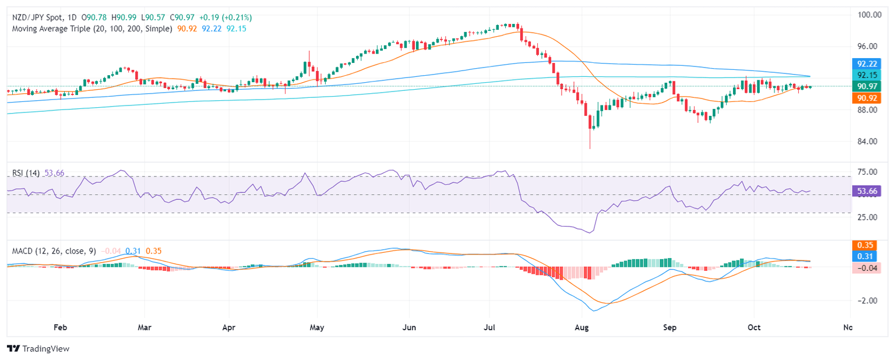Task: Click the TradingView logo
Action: click(x=38, y=348)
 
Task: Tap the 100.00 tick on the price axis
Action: click(x=869, y=15)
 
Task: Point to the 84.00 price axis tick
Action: click(x=868, y=142)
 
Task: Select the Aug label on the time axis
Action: click(x=581, y=327)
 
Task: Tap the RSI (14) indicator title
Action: click(x=26, y=173)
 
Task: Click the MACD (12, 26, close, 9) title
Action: click(x=54, y=250)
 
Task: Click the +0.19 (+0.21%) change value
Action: click(x=224, y=17)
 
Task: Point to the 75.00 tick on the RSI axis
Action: click(x=868, y=172)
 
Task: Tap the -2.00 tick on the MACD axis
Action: click(x=868, y=301)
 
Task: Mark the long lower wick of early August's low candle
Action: click(x=590, y=140)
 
